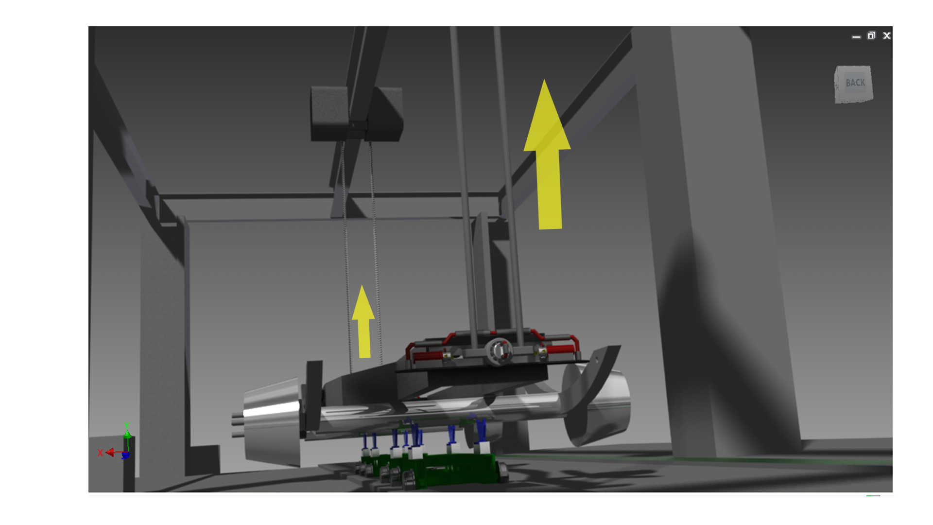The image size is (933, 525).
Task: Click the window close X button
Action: [x=887, y=35]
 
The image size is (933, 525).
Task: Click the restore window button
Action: [x=871, y=35]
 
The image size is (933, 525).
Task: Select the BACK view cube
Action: [x=854, y=84]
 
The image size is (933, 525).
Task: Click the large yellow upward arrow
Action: [x=548, y=160]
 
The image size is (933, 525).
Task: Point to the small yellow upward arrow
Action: [x=363, y=323]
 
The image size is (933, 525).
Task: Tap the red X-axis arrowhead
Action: [x=110, y=453]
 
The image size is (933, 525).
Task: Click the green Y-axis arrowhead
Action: [x=127, y=434]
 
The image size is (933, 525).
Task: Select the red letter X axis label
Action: [x=100, y=453]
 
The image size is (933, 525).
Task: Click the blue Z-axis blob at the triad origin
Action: [x=125, y=455]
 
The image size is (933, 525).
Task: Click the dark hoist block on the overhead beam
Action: [x=356, y=113]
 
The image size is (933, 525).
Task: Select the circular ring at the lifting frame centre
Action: [x=499, y=350]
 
